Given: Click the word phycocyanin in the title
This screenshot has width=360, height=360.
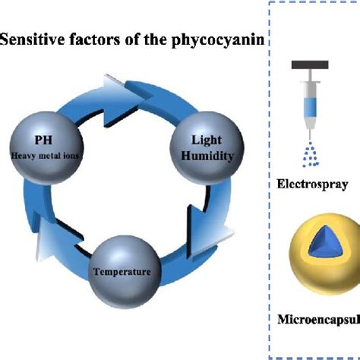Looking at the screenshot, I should tap(224, 40).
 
